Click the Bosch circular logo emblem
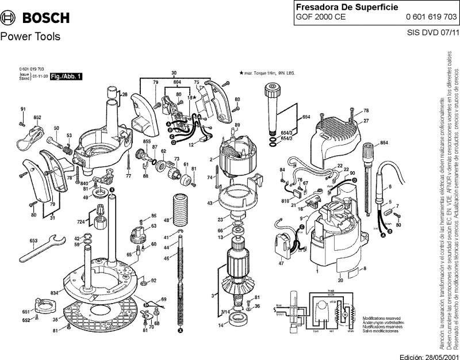click(x=9, y=17)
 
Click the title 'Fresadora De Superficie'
click(x=335, y=7)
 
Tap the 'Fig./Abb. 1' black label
click(x=67, y=76)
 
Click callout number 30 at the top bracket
click(x=174, y=72)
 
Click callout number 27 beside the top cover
click(x=365, y=121)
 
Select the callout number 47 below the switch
click(x=281, y=263)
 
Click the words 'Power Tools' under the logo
click(x=29, y=37)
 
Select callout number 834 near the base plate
click(x=53, y=293)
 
